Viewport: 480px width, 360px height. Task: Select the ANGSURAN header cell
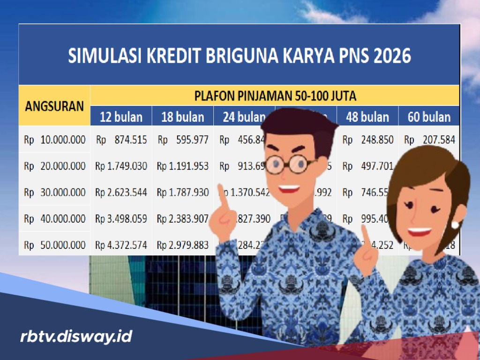tap(54, 105)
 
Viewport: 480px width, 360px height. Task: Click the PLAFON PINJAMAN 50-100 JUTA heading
tap(275, 96)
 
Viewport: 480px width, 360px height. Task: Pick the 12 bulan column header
tap(121, 117)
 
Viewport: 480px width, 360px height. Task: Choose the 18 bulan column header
tap(182, 117)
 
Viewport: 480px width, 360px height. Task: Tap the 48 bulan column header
tap(367, 117)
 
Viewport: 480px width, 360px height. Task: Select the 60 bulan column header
tap(429, 117)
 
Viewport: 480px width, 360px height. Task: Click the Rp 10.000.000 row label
tap(54, 139)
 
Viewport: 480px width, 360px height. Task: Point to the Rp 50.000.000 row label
tap(54, 245)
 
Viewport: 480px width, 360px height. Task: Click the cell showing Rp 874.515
tap(121, 139)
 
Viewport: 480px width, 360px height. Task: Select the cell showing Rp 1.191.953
tap(182, 165)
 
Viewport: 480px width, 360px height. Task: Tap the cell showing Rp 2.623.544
tap(121, 192)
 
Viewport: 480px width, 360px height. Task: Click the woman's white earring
tap(454, 225)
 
